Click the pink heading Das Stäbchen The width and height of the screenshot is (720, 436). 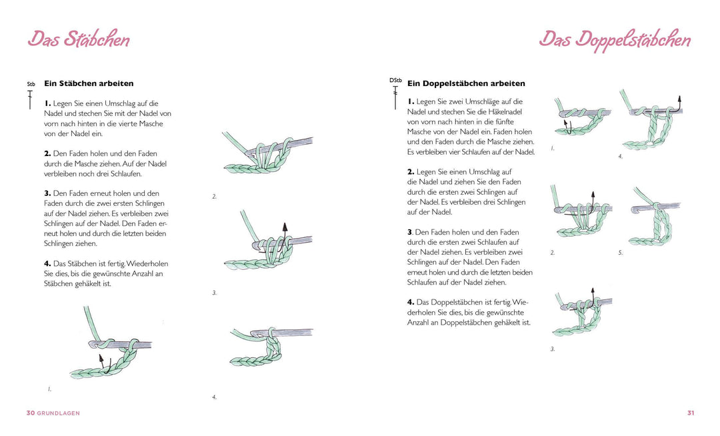tap(79, 39)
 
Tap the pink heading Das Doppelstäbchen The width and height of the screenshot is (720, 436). tap(614, 39)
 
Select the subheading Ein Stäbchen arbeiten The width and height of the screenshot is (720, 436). tap(89, 84)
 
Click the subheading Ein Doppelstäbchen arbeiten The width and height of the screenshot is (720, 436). tap(466, 84)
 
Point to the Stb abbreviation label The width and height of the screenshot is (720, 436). tap(31, 85)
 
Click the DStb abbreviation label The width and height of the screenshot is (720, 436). tap(395, 81)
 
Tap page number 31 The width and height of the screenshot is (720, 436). tap(691, 413)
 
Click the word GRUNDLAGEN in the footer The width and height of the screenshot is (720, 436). tap(58, 413)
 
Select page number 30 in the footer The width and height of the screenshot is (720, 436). tap(30, 413)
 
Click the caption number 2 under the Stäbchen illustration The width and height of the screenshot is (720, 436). tap(215, 197)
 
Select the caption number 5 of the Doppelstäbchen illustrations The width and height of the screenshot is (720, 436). tap(620, 253)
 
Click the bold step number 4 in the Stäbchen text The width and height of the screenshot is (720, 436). tap(47, 263)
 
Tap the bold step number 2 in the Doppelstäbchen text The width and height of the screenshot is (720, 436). tap(411, 172)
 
